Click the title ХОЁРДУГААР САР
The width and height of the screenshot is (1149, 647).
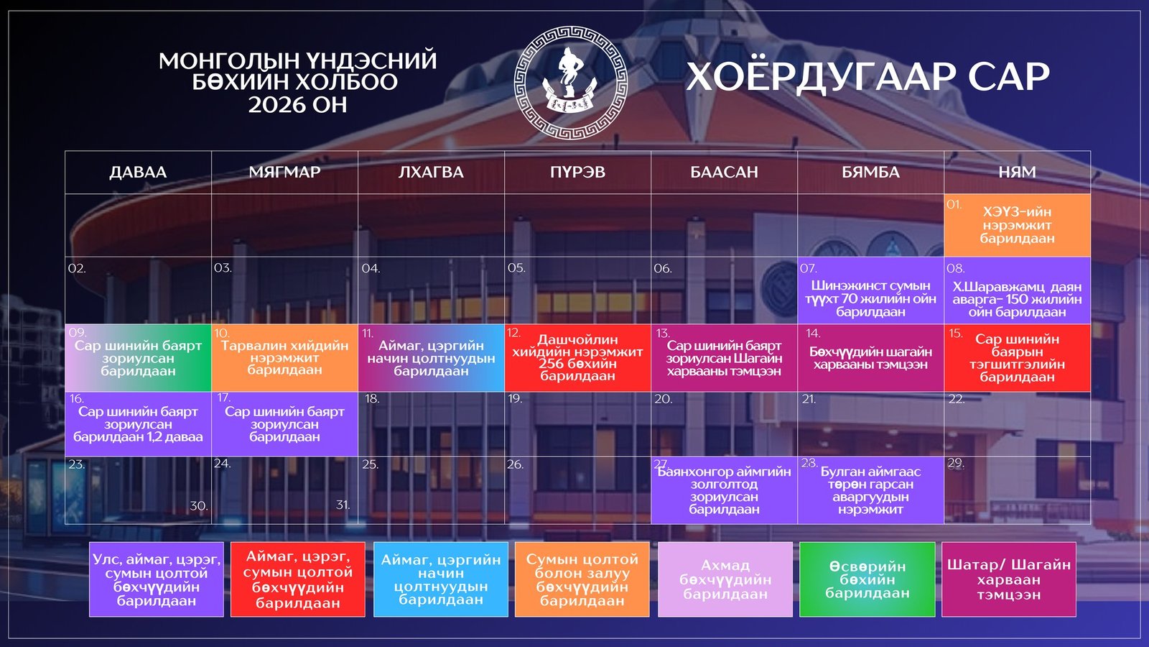867,76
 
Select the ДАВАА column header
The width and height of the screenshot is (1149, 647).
138,173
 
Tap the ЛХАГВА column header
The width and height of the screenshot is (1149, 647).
431,173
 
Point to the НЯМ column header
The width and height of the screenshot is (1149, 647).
1017,173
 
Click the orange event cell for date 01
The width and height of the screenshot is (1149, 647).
1017,225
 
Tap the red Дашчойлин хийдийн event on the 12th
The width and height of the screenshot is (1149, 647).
577,357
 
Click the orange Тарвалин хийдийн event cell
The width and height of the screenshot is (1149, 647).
284,357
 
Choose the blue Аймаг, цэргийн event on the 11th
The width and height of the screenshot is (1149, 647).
431,357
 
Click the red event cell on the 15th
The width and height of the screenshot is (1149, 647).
1017,357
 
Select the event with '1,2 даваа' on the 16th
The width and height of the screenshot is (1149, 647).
138,424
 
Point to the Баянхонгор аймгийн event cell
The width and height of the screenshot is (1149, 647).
724,490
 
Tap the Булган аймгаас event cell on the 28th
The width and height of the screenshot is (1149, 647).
870,490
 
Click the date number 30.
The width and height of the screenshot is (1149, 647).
198,506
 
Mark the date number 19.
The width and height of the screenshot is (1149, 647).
515,399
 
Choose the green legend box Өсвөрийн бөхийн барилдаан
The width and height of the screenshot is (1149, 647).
867,579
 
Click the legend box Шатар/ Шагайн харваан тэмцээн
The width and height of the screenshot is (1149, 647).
1008,579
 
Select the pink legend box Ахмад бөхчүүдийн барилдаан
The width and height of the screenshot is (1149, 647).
725,579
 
